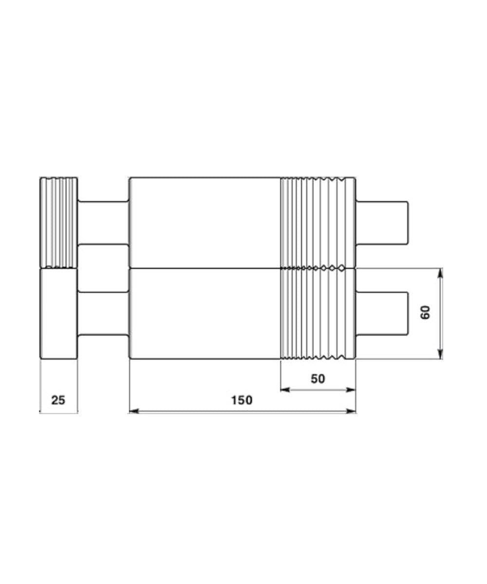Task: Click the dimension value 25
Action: coord(58,400)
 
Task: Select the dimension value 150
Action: coord(242,400)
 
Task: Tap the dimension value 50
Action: coord(318,378)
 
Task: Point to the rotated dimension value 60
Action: coord(426,312)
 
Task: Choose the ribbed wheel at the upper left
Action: coord(59,222)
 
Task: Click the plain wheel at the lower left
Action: coord(59,314)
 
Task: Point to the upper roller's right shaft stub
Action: coord(382,222)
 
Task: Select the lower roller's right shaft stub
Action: coord(382,313)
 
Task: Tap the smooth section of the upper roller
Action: coord(205,222)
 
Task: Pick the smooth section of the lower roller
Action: coord(205,314)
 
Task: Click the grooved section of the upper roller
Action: coord(318,222)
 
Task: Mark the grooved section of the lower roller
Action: coord(318,314)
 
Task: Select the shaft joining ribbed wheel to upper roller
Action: coord(103,222)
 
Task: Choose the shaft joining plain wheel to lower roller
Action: coord(103,314)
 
